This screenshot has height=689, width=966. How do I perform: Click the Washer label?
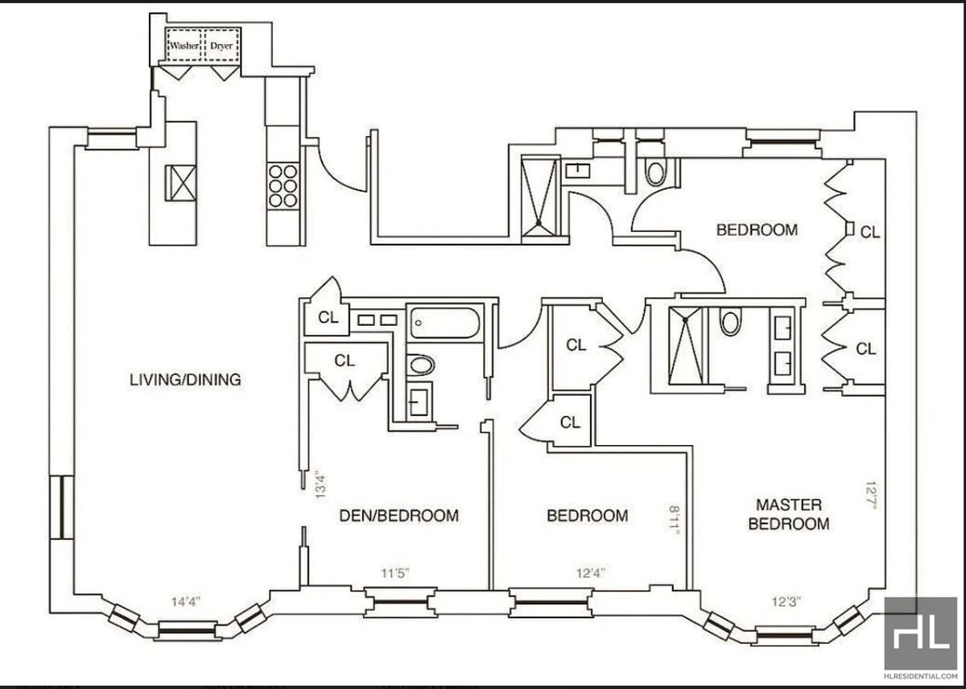point(184,46)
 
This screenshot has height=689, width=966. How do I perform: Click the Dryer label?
point(221,46)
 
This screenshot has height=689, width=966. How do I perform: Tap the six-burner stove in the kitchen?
point(283,186)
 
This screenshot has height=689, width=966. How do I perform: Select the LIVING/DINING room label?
point(185,380)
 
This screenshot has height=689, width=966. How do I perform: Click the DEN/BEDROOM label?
point(399,516)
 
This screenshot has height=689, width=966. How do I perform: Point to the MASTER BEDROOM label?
point(789,514)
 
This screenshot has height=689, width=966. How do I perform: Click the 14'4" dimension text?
point(186,601)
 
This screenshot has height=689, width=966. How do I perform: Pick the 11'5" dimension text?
point(395,573)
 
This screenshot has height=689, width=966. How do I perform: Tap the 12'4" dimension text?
point(591,573)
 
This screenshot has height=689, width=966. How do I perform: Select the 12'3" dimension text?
point(786,601)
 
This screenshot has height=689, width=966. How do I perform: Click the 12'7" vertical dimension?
point(871,495)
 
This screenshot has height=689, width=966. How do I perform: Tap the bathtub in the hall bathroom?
point(444,323)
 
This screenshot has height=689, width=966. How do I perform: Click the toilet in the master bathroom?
point(730,323)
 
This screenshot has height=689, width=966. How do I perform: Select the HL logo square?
point(920,633)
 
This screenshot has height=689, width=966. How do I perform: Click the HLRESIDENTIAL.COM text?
point(920,676)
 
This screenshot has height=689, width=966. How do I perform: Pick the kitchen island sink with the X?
point(180,184)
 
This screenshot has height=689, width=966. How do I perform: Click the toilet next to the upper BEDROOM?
point(655,172)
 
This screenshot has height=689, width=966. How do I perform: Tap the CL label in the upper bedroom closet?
point(870,233)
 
